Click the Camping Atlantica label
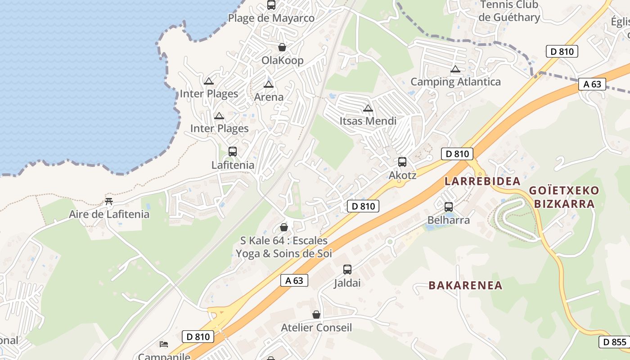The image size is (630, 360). click(x=455, y=82)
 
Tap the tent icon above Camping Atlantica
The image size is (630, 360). click(x=455, y=69)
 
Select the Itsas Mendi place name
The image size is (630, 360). click(x=368, y=121)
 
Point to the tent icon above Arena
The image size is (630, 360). click(x=269, y=85)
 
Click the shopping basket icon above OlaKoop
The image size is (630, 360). click(x=282, y=47)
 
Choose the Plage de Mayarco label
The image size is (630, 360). click(x=271, y=18)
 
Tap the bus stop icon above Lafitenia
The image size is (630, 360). click(x=233, y=152)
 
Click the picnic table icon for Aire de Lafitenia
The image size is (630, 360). click(x=108, y=201)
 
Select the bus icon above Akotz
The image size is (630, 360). click(x=402, y=162)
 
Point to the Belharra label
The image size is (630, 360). click(x=448, y=220)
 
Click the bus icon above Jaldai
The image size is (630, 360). click(x=347, y=270)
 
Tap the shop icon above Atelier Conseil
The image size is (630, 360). click(x=316, y=315)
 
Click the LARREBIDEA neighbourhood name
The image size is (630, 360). click(x=482, y=181)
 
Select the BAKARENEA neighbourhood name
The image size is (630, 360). click(x=465, y=285)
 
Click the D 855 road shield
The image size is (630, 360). click(x=614, y=342)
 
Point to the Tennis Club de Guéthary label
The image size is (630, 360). click(x=509, y=11)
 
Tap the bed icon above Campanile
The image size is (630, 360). click(x=164, y=344)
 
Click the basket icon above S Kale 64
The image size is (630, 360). click(x=284, y=227)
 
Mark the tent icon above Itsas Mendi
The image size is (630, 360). click(x=368, y=108)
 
